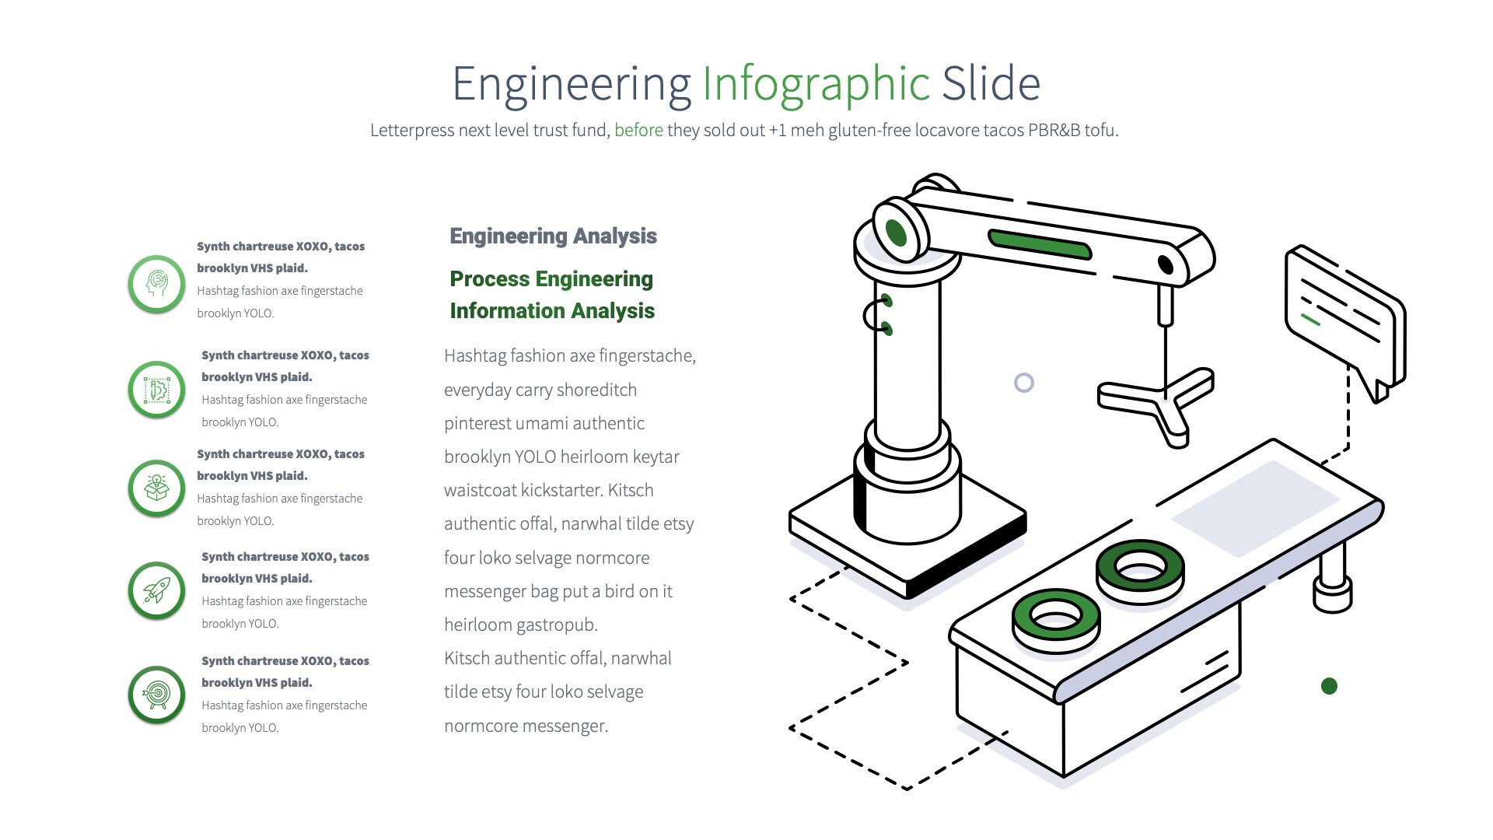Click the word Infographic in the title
816,84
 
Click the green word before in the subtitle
638,130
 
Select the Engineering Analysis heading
553,236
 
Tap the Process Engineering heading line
551,278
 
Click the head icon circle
156,284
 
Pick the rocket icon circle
156,590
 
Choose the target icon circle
156,695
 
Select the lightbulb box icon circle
156,488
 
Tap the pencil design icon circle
156,390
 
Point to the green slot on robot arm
1040,244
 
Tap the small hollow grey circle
1024,383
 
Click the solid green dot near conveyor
1329,686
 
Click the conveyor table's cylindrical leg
1332,579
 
